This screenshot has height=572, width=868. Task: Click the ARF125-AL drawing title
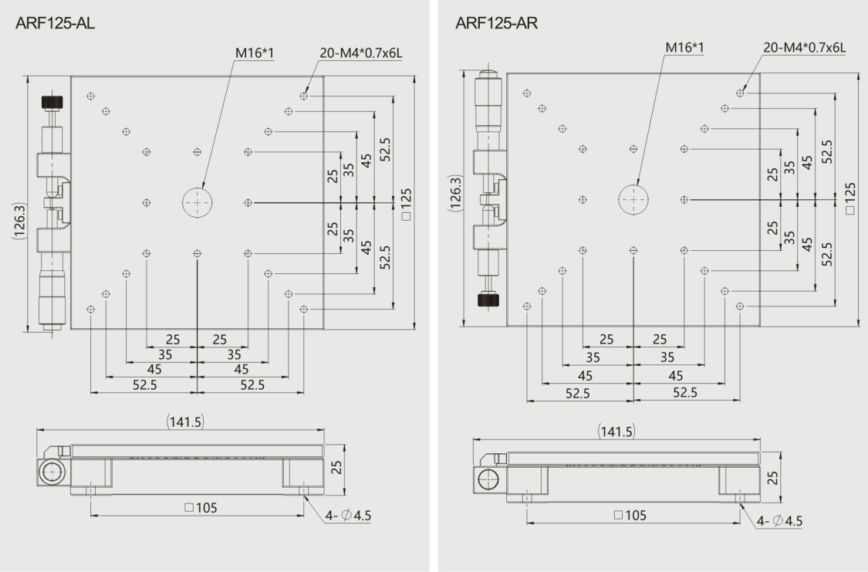[56, 23]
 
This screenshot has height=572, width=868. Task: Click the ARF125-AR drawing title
[496, 23]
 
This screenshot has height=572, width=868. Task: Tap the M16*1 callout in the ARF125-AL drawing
[255, 53]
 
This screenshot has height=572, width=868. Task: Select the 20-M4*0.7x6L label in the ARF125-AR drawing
[804, 48]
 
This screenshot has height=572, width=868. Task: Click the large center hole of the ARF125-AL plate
[198, 203]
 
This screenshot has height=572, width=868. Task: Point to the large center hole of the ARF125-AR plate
[633, 199]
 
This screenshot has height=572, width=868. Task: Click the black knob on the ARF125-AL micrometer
[52, 103]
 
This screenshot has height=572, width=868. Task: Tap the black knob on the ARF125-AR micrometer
[489, 300]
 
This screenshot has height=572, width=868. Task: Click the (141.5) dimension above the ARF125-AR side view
[616, 432]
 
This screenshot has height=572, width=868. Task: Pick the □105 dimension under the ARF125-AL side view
[201, 508]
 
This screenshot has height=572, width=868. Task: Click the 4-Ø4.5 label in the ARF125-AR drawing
[779, 521]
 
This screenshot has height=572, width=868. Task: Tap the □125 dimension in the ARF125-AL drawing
[407, 205]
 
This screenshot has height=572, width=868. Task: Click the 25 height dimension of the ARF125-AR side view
[773, 477]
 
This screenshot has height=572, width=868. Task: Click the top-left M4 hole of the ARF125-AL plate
[91, 96]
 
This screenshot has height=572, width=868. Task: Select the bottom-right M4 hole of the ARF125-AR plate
[740, 306]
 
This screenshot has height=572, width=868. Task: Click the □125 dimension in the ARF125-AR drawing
[851, 198]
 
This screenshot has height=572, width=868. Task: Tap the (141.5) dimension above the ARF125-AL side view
[185, 422]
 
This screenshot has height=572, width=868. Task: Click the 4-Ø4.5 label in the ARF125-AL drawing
[348, 516]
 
